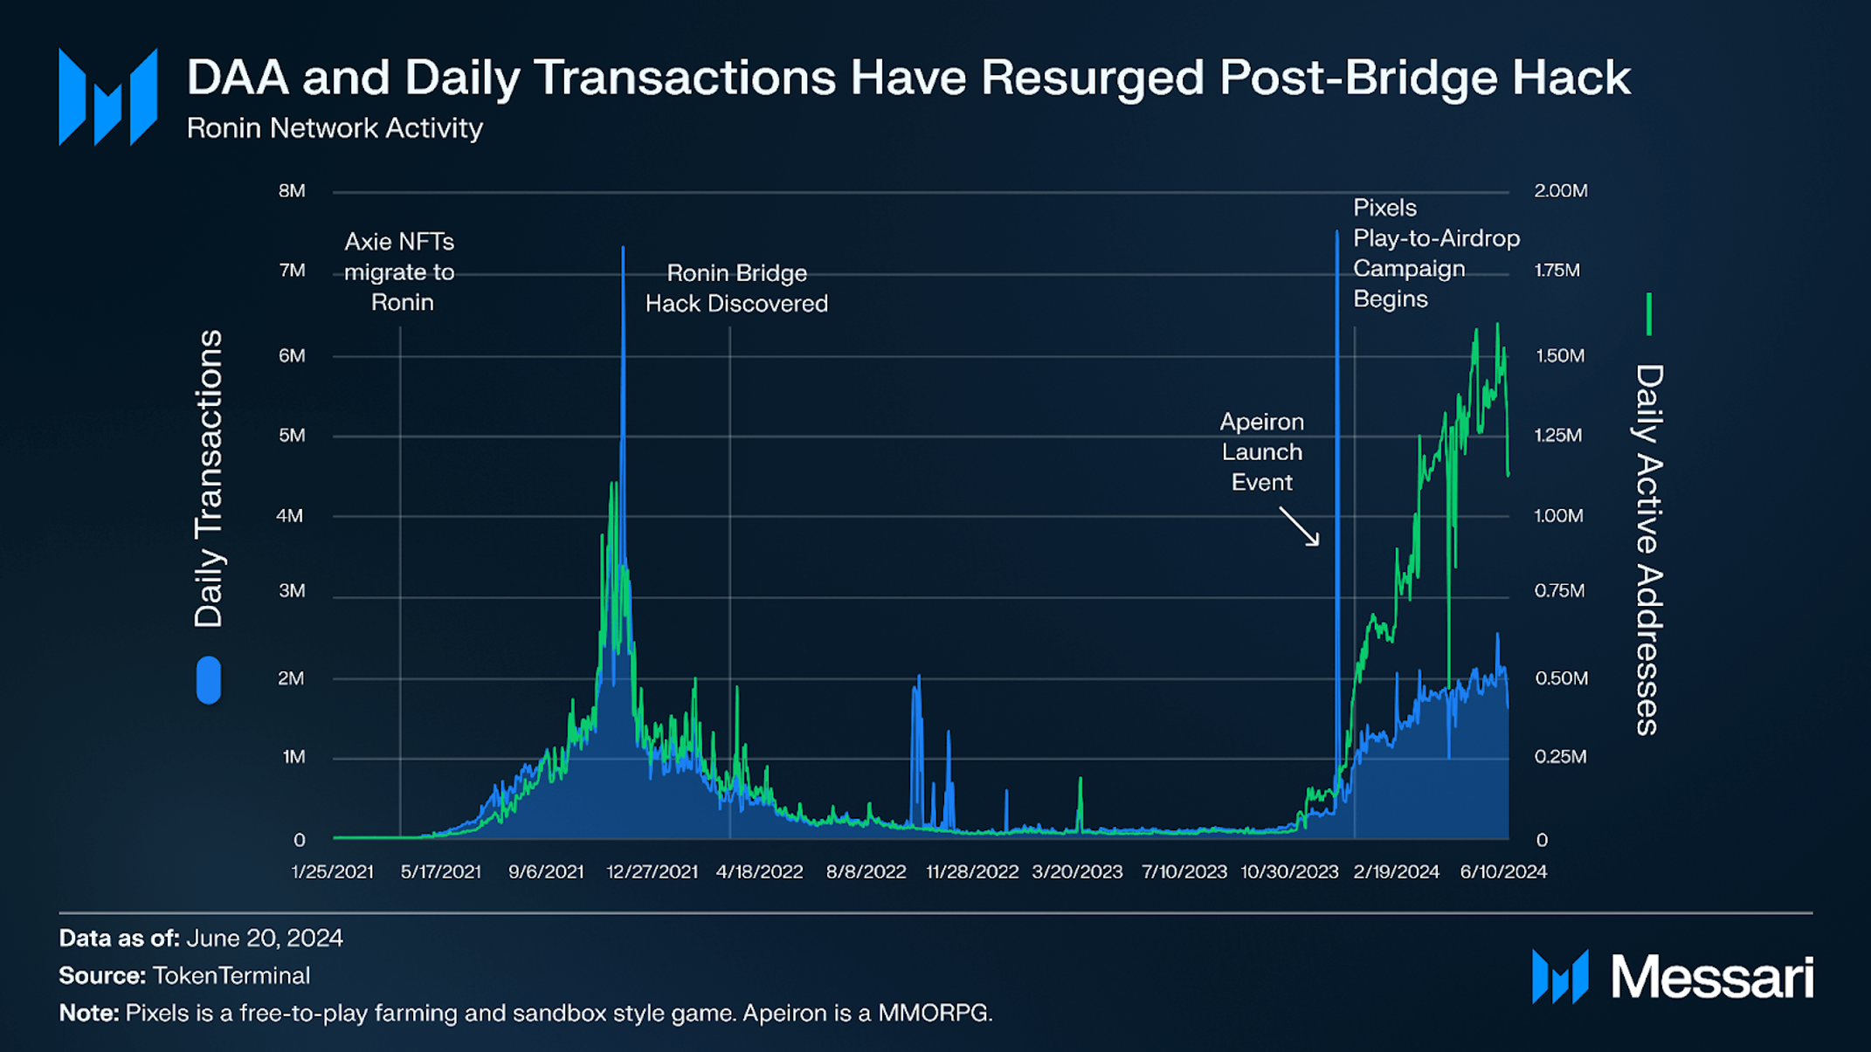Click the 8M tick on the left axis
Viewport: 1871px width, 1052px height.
[x=292, y=190]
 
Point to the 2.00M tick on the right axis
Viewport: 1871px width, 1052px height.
[x=1560, y=190]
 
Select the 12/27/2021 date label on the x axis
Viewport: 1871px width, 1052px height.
[x=652, y=871]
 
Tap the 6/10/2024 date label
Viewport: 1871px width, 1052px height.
[x=1503, y=871]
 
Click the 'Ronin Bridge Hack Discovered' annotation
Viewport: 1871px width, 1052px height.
[x=736, y=288]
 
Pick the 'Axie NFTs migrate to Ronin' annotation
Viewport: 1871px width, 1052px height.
[x=400, y=272]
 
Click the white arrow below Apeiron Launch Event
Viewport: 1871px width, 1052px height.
[x=1300, y=526]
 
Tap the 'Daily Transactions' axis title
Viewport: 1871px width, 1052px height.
[x=209, y=478]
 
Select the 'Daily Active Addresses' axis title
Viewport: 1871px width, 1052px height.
[x=1648, y=550]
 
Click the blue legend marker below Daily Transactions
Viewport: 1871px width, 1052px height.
[x=209, y=679]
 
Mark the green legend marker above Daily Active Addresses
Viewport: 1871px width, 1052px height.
[x=1648, y=314]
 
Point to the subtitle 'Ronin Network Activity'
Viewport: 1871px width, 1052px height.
[x=335, y=128]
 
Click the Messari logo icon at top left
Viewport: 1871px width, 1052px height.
[x=108, y=96]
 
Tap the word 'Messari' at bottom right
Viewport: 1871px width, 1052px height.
[x=1712, y=977]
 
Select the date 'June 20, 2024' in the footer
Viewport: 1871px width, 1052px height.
[x=265, y=938]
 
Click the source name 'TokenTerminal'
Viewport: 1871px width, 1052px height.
[x=231, y=975]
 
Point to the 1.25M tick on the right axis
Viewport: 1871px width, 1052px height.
[x=1558, y=435]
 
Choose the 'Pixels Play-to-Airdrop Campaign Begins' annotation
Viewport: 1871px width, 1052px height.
[x=1435, y=253]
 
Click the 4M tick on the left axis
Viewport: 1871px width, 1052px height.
[x=290, y=515]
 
